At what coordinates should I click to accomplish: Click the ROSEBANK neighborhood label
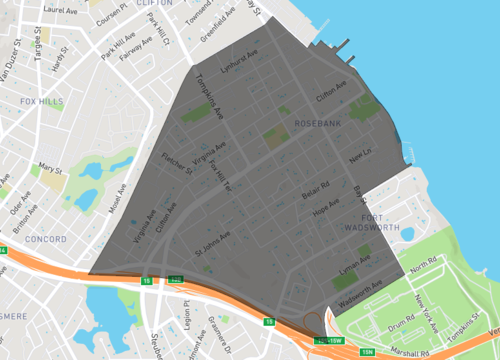tap(319, 123)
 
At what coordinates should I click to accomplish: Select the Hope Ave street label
tap(326, 211)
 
